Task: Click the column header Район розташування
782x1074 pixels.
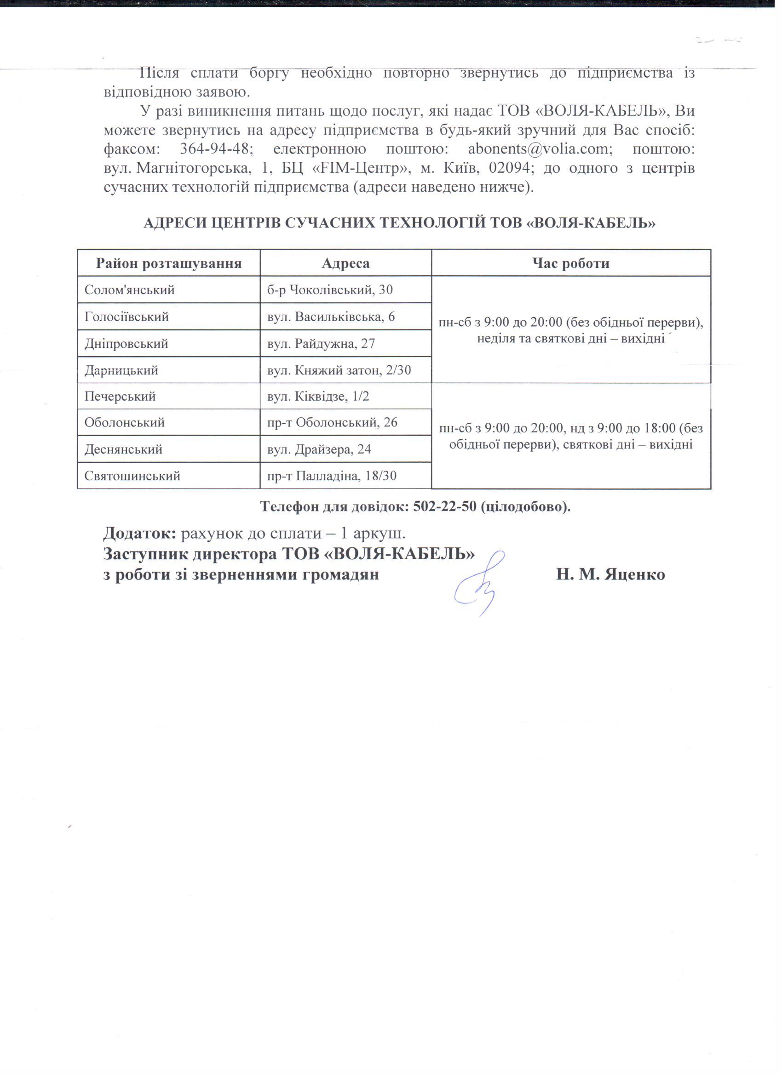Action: click(x=169, y=263)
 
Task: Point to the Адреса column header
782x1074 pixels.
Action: click(x=345, y=263)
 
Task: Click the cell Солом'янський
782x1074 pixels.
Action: click(x=129, y=290)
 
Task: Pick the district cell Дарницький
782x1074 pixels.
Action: click(x=121, y=370)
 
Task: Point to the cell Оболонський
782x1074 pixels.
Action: click(x=125, y=422)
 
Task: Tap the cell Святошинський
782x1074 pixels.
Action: click(x=132, y=476)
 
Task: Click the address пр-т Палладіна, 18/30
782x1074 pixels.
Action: click(x=332, y=476)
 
